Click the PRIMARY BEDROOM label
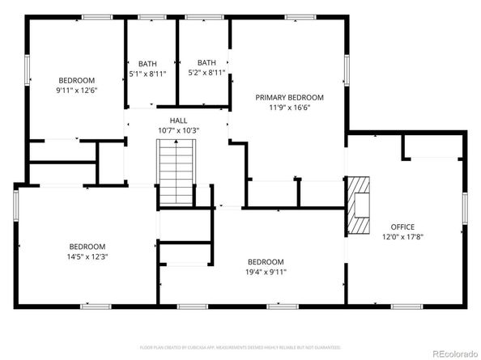pyautogui.click(x=289, y=97)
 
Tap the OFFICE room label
pyautogui.click(x=402, y=227)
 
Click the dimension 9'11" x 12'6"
pyautogui.click(x=76, y=91)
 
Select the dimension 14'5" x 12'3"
pyautogui.click(x=87, y=256)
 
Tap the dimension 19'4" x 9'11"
pyautogui.click(x=266, y=272)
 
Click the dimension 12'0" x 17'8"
pyautogui.click(x=402, y=236)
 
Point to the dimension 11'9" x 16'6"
pyautogui.click(x=289, y=107)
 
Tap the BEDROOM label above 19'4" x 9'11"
pyautogui.click(x=266, y=262)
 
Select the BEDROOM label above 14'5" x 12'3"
pyautogui.click(x=87, y=247)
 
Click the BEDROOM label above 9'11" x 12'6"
pyautogui.click(x=76, y=80)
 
